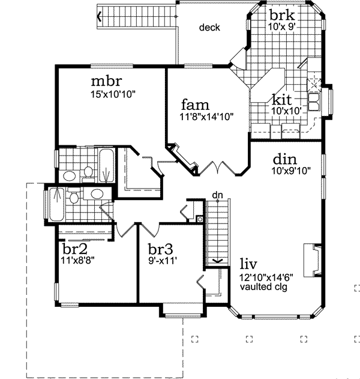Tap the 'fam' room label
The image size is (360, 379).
pos(194,103)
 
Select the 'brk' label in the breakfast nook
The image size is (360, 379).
pos(281,16)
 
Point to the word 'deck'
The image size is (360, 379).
pos(209,28)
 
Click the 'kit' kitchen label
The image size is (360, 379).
pos(283,99)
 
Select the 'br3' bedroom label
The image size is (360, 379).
pos(161,249)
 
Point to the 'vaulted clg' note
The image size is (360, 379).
pos(263,287)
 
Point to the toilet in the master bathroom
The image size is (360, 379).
pos(88,172)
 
